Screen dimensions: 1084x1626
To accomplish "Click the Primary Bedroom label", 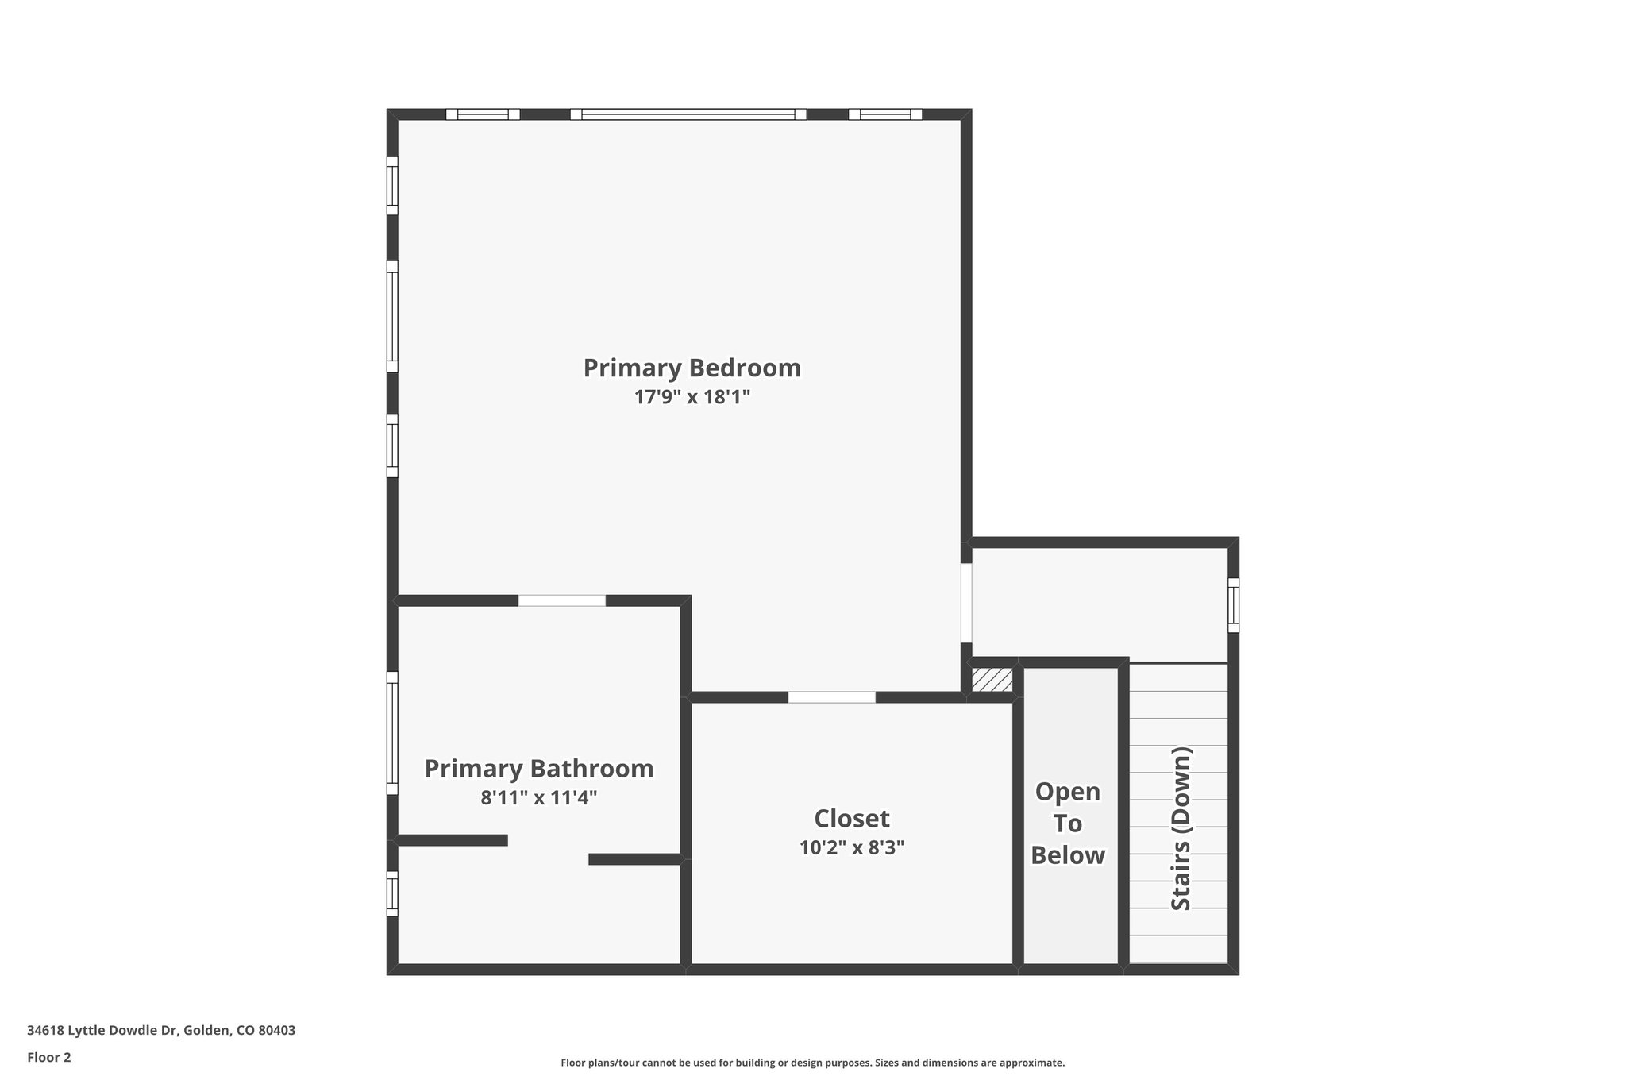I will pyautogui.click(x=692, y=368).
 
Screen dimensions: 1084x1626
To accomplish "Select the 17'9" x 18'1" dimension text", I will pyautogui.click(x=692, y=397).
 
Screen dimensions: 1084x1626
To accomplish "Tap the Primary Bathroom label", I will pyautogui.click(x=538, y=769).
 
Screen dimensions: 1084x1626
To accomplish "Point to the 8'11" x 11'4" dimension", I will pyautogui.click(x=538, y=797).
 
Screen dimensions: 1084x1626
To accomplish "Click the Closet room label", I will pyautogui.click(x=851, y=819).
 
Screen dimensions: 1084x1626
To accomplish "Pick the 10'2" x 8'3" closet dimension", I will pyautogui.click(x=851, y=847).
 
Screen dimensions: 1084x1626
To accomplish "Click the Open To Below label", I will pyautogui.click(x=1068, y=824).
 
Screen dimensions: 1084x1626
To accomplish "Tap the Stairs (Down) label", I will pyautogui.click(x=1181, y=828).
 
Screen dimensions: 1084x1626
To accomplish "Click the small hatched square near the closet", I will pyautogui.click(x=992, y=680).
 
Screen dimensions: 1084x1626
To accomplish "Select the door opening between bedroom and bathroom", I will pyautogui.click(x=561, y=600).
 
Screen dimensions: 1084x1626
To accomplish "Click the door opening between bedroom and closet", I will pyautogui.click(x=831, y=697).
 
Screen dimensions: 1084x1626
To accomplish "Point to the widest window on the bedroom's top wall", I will pyautogui.click(x=688, y=114).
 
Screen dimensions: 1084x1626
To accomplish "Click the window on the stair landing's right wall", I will pyautogui.click(x=1233, y=605).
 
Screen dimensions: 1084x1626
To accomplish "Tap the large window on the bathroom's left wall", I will pyautogui.click(x=391, y=733).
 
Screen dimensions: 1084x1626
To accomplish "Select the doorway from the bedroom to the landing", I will pyautogui.click(x=966, y=603).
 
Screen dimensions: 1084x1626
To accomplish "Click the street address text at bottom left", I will pyautogui.click(x=161, y=1031).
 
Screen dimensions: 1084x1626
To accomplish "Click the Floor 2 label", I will pyautogui.click(x=49, y=1057).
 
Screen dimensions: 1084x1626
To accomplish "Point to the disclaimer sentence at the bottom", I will pyautogui.click(x=812, y=1063).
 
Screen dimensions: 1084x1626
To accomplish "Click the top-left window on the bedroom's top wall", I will pyautogui.click(x=483, y=114).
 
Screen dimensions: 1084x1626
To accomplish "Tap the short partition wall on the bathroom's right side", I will pyautogui.click(x=635, y=859).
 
